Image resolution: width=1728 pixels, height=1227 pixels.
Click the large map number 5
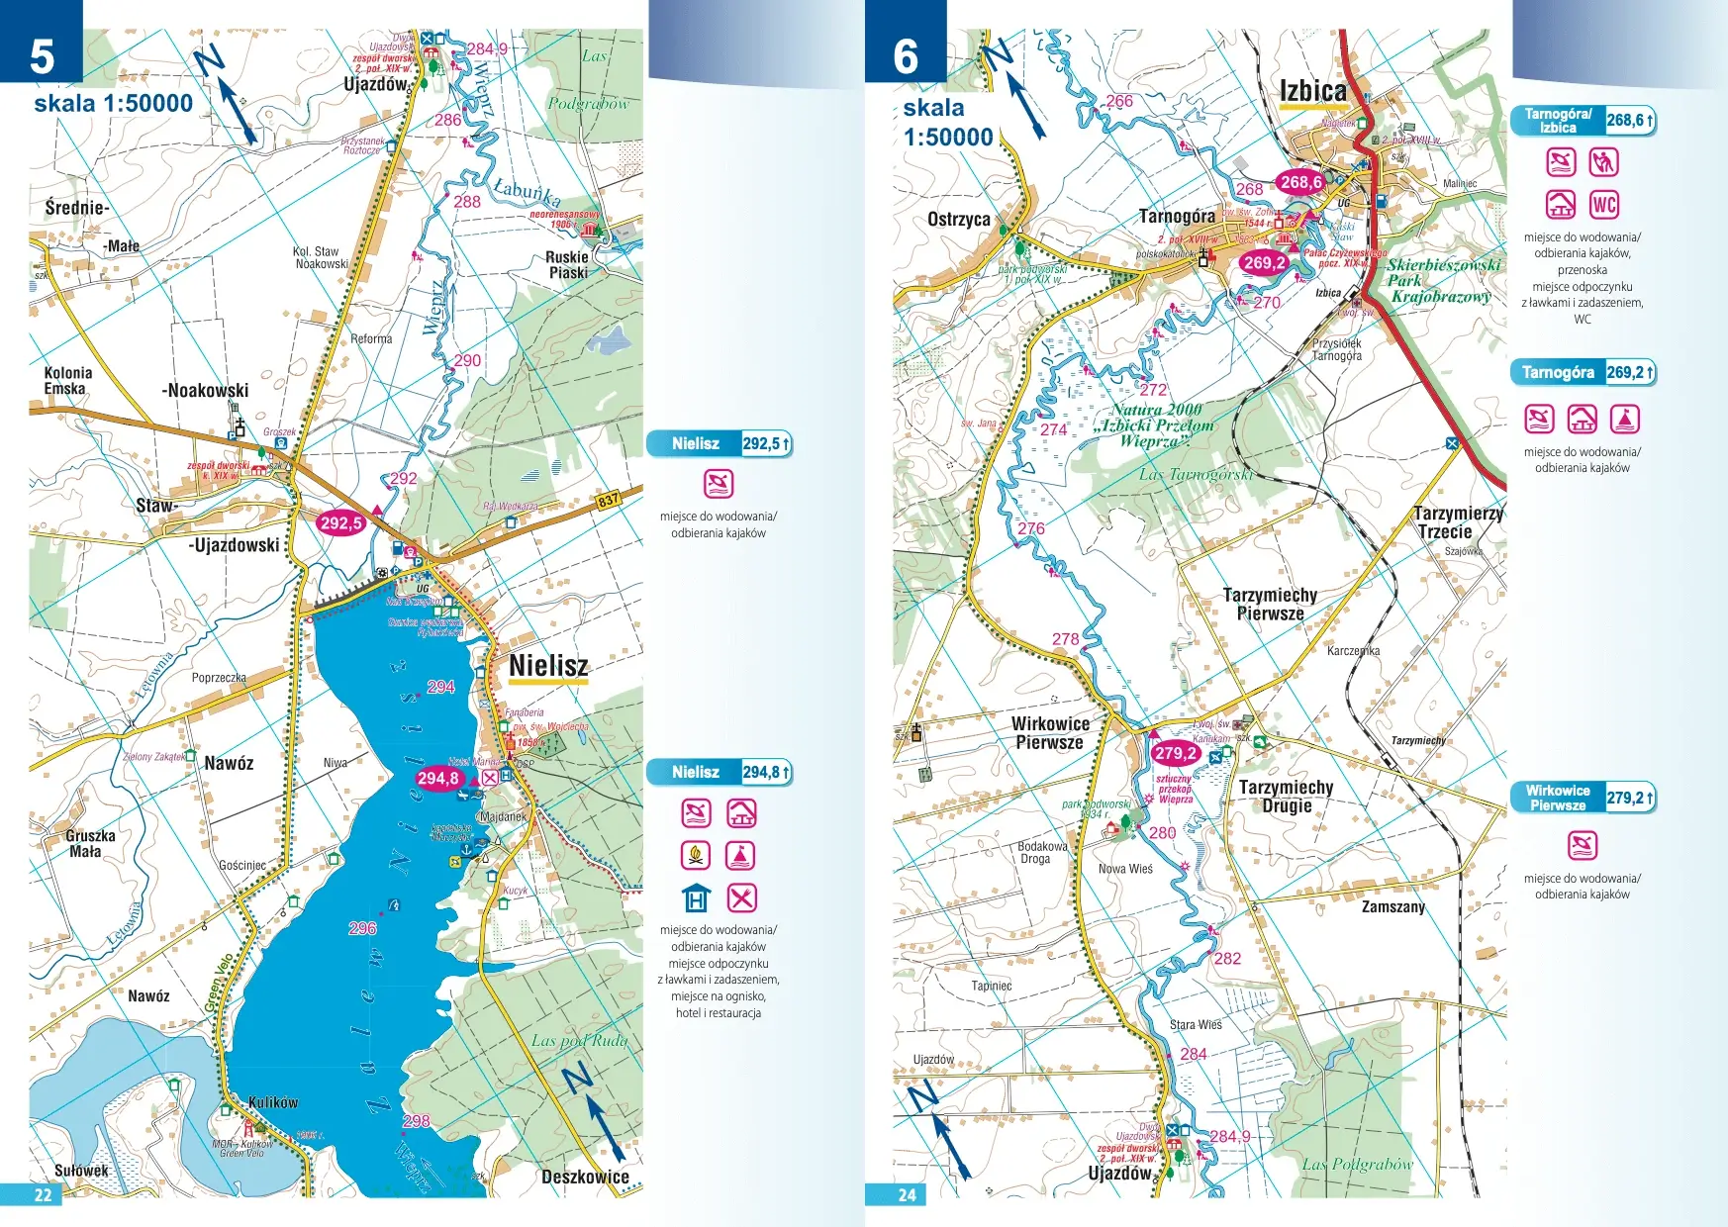click(42, 56)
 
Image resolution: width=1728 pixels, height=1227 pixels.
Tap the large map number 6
click(906, 56)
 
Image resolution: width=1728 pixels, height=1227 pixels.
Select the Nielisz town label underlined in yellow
click(548, 666)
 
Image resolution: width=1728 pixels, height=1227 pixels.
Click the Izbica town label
click(1312, 91)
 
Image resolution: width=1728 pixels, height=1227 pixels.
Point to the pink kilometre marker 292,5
click(340, 523)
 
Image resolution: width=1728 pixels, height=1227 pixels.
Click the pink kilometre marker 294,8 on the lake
click(437, 779)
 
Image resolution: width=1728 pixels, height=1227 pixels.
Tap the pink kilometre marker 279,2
click(1175, 753)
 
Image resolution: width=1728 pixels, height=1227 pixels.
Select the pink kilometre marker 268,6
click(1300, 182)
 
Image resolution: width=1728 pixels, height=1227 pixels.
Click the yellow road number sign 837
click(608, 501)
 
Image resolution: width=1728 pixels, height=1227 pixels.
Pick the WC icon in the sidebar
click(1603, 205)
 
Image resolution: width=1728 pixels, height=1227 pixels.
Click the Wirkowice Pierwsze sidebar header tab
click(1558, 798)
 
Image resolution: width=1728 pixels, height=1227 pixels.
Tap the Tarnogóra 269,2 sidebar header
click(1582, 372)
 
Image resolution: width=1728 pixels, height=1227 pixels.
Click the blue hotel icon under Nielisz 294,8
click(696, 897)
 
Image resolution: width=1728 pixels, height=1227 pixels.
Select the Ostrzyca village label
click(958, 220)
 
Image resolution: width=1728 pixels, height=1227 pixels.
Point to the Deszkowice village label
click(585, 1177)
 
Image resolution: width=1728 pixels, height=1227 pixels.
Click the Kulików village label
click(272, 1102)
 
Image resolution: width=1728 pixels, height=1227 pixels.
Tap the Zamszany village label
click(1392, 906)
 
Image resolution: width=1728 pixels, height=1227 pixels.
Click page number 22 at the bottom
click(44, 1194)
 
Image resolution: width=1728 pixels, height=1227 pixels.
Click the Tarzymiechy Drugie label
click(1286, 796)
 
